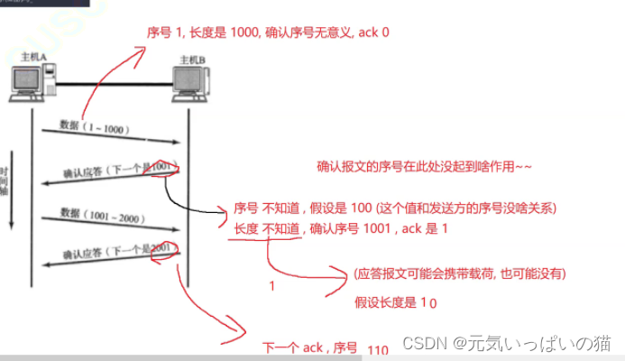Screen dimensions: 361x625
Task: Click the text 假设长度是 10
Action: point(396,303)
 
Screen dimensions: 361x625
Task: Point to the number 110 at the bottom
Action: point(377,347)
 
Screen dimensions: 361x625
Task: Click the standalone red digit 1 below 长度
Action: point(272,286)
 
